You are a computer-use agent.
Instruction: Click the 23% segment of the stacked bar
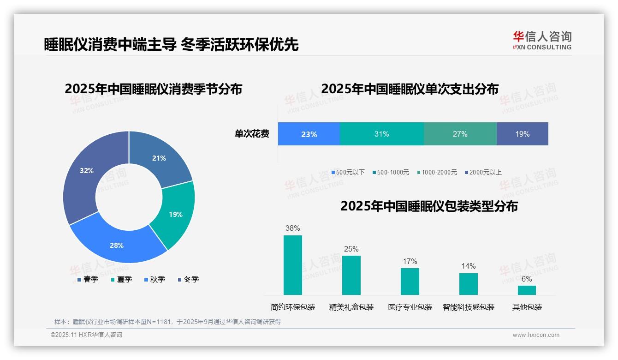pos(309,134)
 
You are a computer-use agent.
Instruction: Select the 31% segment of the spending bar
pos(381,134)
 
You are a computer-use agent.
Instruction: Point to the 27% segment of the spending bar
pos(460,134)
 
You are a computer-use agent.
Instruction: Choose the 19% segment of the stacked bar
pos(522,134)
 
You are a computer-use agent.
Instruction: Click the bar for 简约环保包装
pos(293,265)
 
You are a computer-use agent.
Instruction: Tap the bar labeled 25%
pos(351,275)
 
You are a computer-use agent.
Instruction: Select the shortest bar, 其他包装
pos(527,290)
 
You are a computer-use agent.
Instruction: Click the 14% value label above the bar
pos(469,266)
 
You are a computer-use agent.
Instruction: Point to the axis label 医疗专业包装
pos(410,307)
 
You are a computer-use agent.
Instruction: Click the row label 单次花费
pos(252,134)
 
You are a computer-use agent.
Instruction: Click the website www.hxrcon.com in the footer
pos(536,335)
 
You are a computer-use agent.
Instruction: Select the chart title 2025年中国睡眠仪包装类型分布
pos(429,206)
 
